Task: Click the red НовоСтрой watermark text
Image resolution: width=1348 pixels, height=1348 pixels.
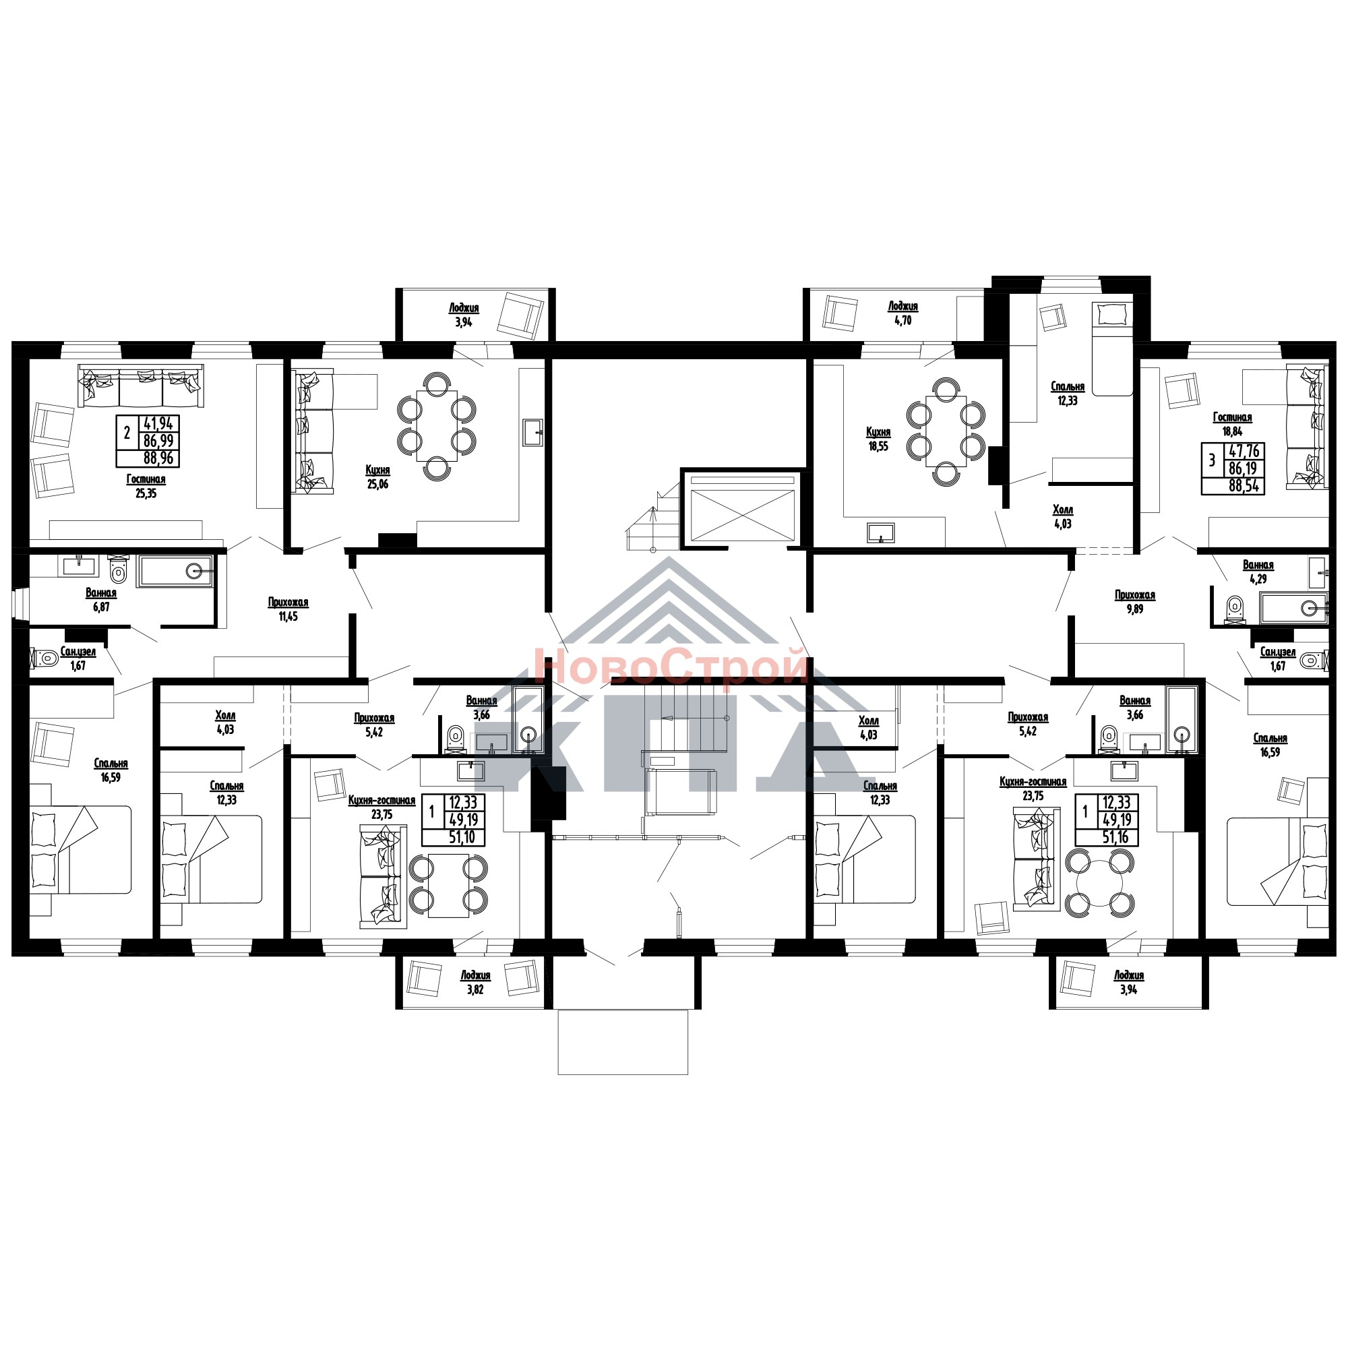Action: pyautogui.click(x=671, y=666)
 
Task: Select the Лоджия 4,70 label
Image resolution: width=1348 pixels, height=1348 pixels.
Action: pyautogui.click(x=903, y=313)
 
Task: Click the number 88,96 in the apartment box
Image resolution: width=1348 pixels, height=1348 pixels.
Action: pyautogui.click(x=158, y=458)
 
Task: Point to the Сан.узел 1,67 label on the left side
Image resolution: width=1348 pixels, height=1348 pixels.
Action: pyautogui.click(x=78, y=658)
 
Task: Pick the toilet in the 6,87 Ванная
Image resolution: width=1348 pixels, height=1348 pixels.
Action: pyautogui.click(x=119, y=570)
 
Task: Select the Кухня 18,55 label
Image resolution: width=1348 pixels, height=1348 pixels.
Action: pyautogui.click(x=878, y=439)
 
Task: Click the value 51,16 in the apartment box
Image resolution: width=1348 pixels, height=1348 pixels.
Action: pyautogui.click(x=1115, y=837)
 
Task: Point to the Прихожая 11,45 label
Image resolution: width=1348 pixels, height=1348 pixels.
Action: pyautogui.click(x=288, y=609)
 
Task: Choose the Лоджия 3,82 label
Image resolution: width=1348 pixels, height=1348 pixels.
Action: pyautogui.click(x=475, y=983)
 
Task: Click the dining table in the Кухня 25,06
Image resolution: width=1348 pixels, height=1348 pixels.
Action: pyautogui.click(x=437, y=425)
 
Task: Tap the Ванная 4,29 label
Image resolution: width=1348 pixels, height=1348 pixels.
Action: pyautogui.click(x=1258, y=572)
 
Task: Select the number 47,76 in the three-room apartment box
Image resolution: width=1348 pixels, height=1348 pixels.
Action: pyautogui.click(x=1244, y=452)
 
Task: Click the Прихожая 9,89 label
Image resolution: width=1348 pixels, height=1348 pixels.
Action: pyautogui.click(x=1134, y=602)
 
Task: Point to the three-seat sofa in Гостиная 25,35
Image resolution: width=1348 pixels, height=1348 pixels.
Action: pyautogui.click(x=141, y=386)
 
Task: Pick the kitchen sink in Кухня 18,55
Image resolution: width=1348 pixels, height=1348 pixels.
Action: pyautogui.click(x=880, y=532)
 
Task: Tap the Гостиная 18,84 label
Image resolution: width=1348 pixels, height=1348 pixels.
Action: pyautogui.click(x=1232, y=424)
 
